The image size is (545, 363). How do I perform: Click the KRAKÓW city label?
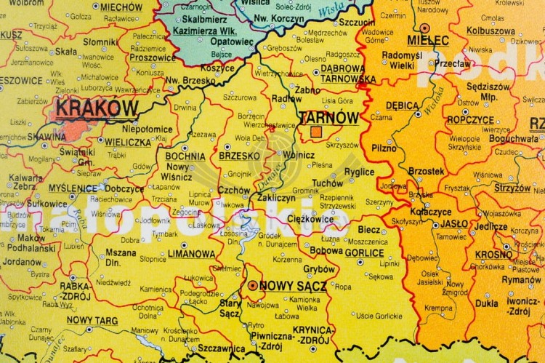click(x=97, y=108)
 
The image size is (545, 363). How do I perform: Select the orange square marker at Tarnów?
click(x=316, y=132)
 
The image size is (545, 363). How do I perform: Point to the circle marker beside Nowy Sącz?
click(x=252, y=286)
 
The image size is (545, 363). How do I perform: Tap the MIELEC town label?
click(x=428, y=40)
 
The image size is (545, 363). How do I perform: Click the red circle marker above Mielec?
click(x=424, y=27)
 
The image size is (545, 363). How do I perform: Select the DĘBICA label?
click(x=402, y=105)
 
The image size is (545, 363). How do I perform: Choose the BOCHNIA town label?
click(x=185, y=156)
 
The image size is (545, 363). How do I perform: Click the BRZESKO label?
click(x=239, y=156)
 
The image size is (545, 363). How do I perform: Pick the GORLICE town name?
click(x=364, y=253)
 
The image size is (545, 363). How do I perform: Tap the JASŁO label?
click(x=453, y=224)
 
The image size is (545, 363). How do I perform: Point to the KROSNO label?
click(x=494, y=255)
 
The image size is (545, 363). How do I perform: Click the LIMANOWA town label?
click(x=190, y=254)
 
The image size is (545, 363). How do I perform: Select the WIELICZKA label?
click(x=127, y=143)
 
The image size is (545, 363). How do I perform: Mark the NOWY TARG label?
click(x=92, y=319)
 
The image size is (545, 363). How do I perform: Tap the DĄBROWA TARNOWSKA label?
click(x=348, y=73)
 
